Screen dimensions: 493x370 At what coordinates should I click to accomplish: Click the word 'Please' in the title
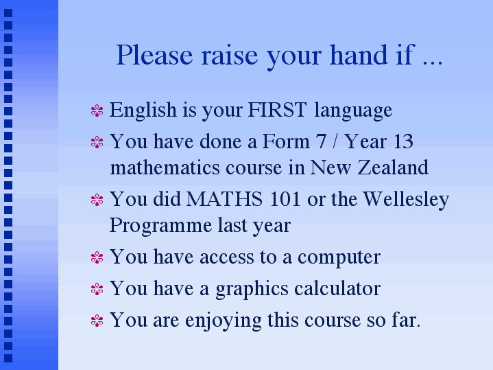pos(154,55)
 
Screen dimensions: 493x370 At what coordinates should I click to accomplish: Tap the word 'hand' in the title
pos(359,54)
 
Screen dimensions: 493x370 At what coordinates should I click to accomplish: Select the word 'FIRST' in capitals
pos(277,110)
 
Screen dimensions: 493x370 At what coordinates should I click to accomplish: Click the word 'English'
pos(143,111)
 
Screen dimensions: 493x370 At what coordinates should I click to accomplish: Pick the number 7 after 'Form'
pos(321,141)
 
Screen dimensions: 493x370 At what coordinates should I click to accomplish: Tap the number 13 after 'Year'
pos(402,141)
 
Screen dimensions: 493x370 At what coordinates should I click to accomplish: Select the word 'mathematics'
pos(165,167)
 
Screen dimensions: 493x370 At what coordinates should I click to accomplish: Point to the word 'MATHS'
pos(224,199)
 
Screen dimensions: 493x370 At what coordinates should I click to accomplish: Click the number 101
pos(285,199)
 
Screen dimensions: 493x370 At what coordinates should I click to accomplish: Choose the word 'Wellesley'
pos(406,200)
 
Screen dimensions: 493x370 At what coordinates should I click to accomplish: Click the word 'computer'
pos(339,258)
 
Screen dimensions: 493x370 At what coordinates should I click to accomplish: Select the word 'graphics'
pos(252,290)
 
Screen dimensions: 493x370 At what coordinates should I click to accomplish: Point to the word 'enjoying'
pos(224,321)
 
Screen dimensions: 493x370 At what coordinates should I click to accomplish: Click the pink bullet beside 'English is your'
pos(97,111)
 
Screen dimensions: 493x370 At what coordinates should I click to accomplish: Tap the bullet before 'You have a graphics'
pos(97,289)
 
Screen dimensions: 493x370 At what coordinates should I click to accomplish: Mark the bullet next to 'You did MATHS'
pos(97,200)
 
